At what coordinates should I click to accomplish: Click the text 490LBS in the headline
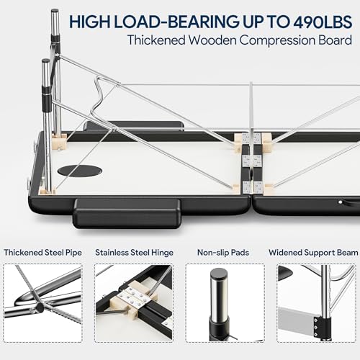(x=323, y=22)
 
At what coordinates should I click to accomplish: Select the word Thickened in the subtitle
(x=156, y=40)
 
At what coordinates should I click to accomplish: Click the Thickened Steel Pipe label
(x=42, y=253)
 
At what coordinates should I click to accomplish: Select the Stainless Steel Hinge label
(x=134, y=253)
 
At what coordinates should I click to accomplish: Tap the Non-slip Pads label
(x=223, y=253)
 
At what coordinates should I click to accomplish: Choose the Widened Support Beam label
(x=313, y=253)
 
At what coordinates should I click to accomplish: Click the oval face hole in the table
(x=80, y=171)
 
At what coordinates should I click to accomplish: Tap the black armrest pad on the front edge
(x=127, y=212)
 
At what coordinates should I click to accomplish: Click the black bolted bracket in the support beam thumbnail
(x=320, y=327)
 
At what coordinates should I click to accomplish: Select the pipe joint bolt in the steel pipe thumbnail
(x=39, y=307)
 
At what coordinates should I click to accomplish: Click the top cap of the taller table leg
(x=55, y=11)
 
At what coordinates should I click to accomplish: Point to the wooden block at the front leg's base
(x=48, y=192)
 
